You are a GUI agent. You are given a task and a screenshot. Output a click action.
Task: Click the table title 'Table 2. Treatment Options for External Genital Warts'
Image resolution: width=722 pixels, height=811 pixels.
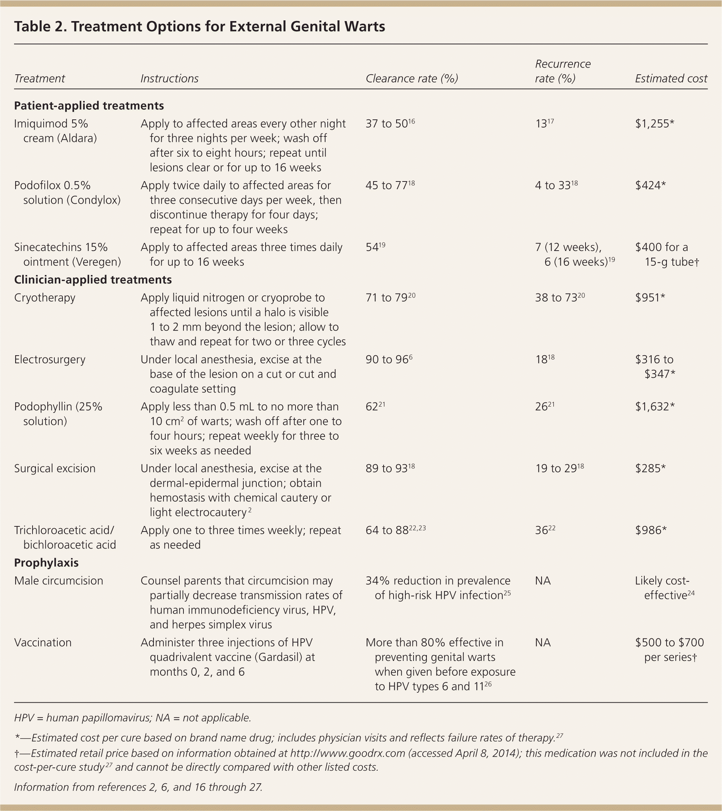coord(199,27)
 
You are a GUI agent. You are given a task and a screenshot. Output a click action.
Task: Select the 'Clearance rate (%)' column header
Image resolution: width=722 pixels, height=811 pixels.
coord(412,79)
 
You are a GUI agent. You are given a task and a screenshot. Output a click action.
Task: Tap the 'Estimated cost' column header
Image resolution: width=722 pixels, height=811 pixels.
coord(671,79)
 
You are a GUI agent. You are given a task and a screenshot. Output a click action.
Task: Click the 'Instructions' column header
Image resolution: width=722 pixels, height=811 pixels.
coord(169,79)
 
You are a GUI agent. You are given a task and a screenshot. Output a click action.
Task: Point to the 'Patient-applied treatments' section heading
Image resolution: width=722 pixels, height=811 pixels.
coord(89,106)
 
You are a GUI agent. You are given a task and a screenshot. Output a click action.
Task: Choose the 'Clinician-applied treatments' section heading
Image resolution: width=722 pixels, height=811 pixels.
coord(93,280)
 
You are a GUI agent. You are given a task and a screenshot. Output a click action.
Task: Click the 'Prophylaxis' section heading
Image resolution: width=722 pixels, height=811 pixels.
coord(47,563)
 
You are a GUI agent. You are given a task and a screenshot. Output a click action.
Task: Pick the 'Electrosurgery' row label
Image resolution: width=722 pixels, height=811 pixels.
coord(50,359)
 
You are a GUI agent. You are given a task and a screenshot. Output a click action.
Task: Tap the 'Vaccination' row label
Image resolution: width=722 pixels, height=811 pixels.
coord(43,642)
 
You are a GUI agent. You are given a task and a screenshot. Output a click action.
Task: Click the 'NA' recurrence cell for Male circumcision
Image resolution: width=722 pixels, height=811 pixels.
coord(543,581)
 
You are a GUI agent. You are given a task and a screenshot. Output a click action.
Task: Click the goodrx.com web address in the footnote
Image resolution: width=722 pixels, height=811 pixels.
coord(347,753)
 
